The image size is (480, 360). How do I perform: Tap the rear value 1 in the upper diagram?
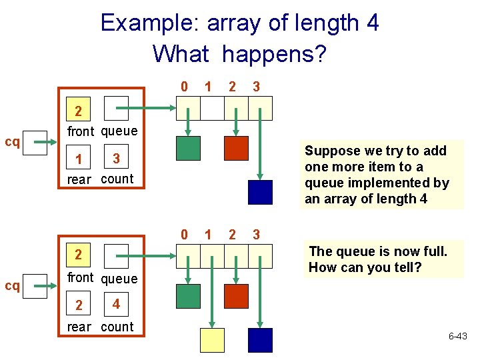coord(79,160)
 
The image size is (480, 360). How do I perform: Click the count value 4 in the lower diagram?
coord(116,305)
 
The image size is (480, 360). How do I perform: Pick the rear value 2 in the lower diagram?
coord(79,305)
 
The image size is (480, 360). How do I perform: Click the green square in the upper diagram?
coord(188,148)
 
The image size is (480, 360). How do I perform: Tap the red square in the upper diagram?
coord(236,148)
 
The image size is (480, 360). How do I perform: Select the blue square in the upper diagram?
coord(260,192)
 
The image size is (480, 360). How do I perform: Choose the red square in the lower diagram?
coord(236,296)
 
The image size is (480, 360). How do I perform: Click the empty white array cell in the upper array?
coord(212,107)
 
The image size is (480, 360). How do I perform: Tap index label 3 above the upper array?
coord(255,87)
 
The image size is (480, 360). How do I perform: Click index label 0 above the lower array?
coord(184,235)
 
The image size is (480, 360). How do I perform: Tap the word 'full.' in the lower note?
coord(431,251)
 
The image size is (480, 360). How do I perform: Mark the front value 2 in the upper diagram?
coord(79,110)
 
